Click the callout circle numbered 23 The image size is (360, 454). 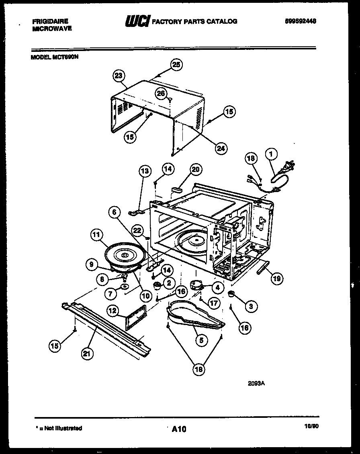119,76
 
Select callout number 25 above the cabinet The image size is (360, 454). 176,65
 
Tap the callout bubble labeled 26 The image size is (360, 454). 161,93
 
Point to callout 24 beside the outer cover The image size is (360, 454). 220,148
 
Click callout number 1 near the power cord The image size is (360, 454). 271,153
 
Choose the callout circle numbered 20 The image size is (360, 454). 195,170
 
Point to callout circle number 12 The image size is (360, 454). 113,310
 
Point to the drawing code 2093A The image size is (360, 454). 256,383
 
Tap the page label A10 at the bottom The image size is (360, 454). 179,429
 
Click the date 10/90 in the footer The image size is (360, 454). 310,428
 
